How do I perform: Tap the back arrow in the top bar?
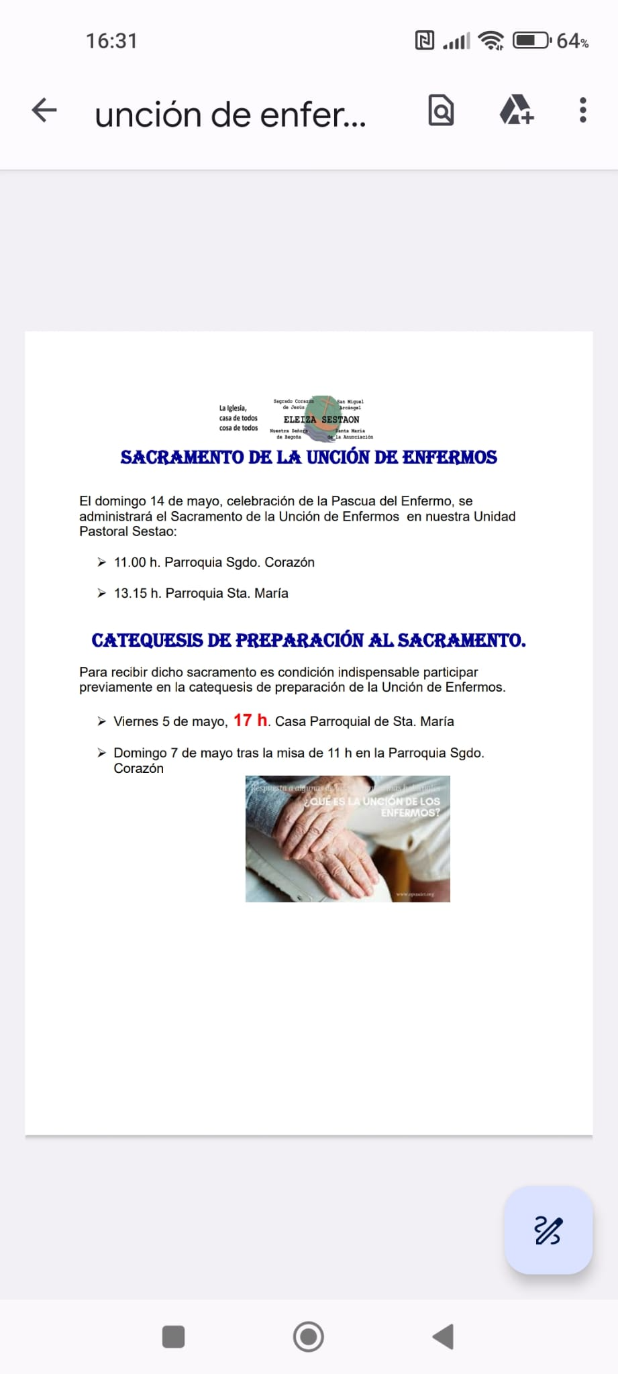(44, 111)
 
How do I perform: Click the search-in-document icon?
(441, 111)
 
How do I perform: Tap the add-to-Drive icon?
(516, 111)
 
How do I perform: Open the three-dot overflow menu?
(582, 111)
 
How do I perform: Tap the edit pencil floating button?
(548, 1230)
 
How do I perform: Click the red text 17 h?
(250, 721)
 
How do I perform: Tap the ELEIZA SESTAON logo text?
(321, 419)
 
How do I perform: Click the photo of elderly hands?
(348, 839)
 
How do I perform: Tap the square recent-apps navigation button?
(173, 1336)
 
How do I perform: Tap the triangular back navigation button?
(443, 1336)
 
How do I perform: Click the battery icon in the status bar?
(531, 41)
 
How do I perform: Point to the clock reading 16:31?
(111, 41)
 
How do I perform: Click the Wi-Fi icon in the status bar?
(491, 41)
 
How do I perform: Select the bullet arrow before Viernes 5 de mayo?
(102, 721)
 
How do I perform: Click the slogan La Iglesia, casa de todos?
(238, 418)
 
